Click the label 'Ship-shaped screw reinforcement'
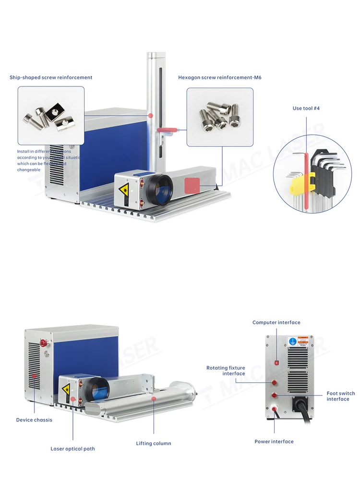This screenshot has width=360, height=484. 51,77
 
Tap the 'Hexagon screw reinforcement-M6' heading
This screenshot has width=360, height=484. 220,77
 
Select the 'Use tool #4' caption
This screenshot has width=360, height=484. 306,109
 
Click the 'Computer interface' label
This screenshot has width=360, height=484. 276,323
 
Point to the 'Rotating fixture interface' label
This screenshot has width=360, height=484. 226,371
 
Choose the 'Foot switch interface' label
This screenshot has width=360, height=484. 341,396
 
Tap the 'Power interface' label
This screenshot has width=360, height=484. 274,441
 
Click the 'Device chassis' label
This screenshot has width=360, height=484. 34,420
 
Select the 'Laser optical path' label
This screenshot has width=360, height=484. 73,449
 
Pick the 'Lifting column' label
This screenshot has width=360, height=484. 154,443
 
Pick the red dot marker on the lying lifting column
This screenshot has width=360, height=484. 154,399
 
